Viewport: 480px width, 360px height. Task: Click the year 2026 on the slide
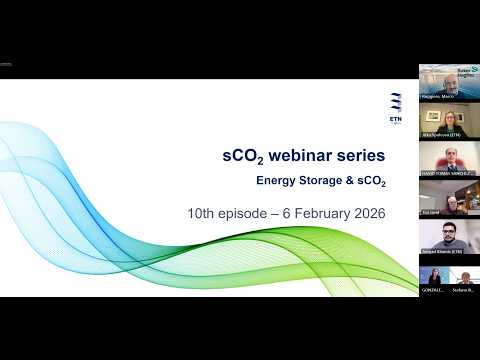coord(368,213)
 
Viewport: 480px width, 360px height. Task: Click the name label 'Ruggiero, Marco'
coord(439,96)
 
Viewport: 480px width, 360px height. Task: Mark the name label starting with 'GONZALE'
coord(433,290)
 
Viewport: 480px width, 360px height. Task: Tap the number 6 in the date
coord(292,213)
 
